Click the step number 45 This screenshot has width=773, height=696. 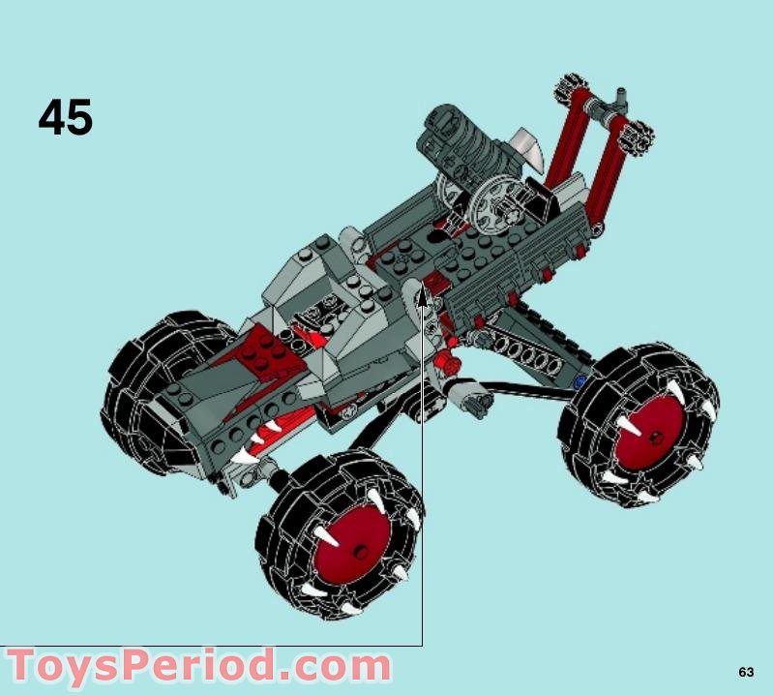(x=65, y=117)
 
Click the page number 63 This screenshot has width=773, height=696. (x=746, y=672)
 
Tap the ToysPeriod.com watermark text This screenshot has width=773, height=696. (x=199, y=666)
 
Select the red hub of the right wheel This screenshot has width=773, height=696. (x=650, y=435)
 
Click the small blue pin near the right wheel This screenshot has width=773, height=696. (x=580, y=380)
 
